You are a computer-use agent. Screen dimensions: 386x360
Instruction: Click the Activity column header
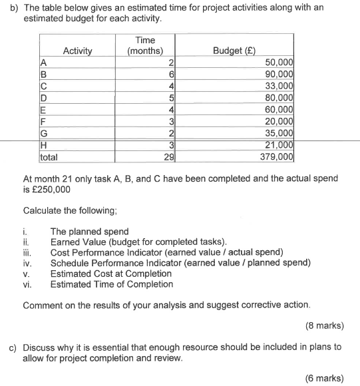[x=77, y=51]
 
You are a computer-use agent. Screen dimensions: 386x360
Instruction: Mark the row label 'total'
[x=49, y=158]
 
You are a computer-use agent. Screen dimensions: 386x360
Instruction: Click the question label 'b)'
[x=12, y=7]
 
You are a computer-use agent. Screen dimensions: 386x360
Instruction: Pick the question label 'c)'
[x=12, y=347]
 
